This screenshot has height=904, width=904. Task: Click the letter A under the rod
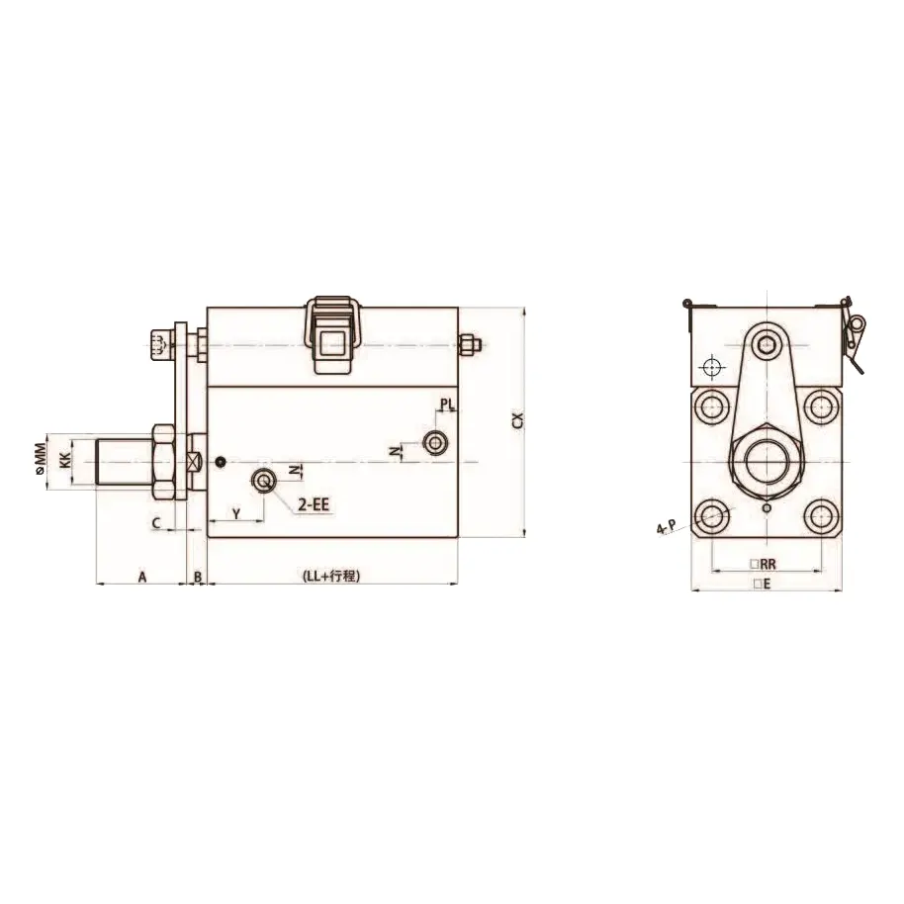click(x=141, y=576)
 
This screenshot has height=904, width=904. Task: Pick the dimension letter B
click(x=197, y=576)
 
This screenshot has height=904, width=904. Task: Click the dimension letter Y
click(x=236, y=512)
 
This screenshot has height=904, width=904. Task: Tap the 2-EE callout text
click(x=315, y=504)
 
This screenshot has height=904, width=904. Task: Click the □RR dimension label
click(x=765, y=564)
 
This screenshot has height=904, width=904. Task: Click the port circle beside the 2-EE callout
click(x=263, y=481)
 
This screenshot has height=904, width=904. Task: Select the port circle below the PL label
click(x=433, y=443)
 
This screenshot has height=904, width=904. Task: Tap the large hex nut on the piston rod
click(x=163, y=462)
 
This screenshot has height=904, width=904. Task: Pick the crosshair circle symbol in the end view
click(x=709, y=367)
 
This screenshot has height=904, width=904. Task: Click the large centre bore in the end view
click(x=765, y=462)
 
